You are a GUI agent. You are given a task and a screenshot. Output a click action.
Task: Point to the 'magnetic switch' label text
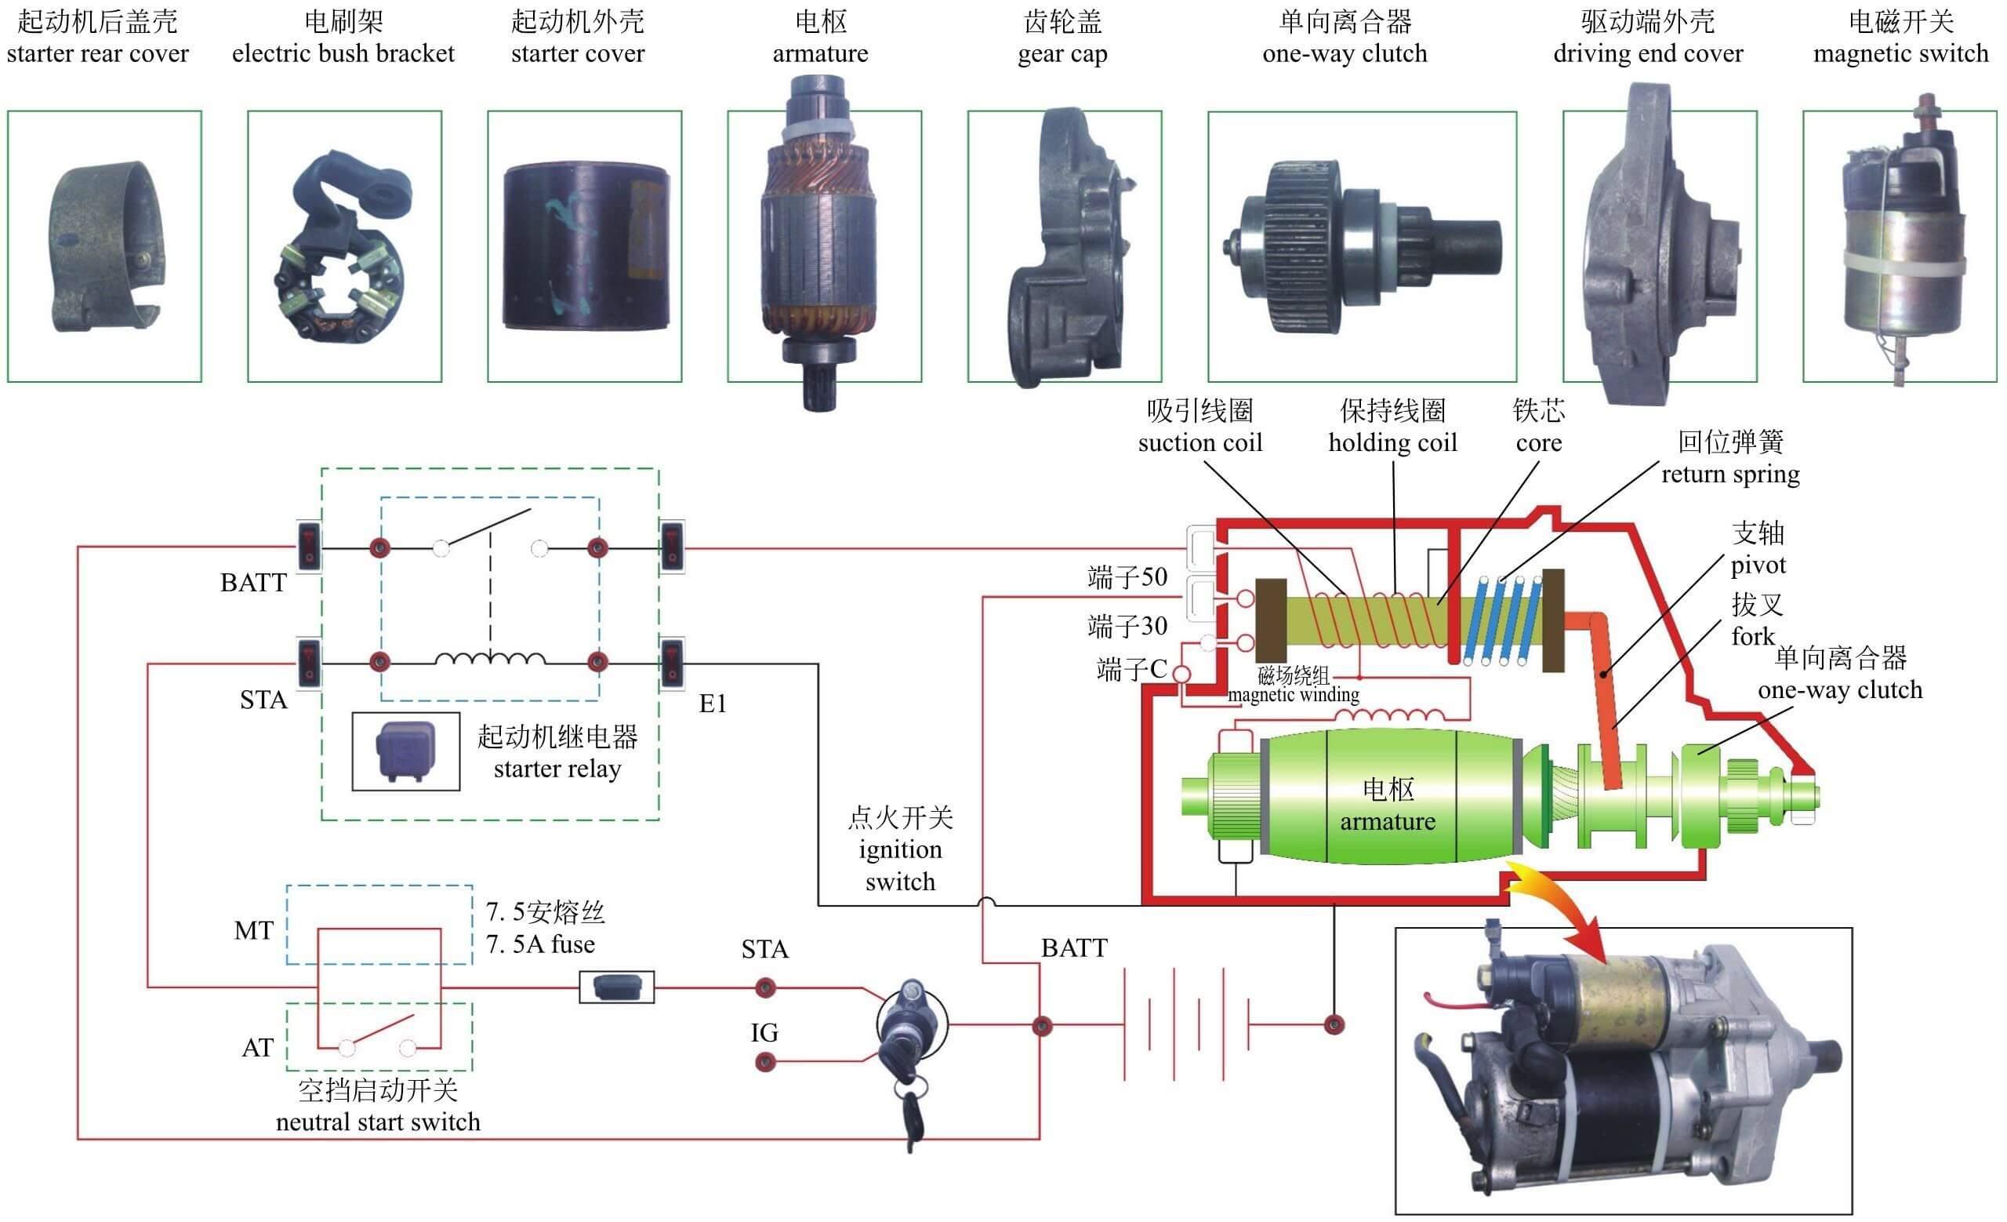1900,54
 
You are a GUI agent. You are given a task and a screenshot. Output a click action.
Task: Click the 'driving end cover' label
1648,54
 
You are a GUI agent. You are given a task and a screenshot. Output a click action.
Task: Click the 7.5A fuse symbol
615,987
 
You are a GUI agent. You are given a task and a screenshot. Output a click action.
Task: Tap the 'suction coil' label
1199,442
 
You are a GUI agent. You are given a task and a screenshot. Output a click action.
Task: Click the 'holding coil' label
1392,442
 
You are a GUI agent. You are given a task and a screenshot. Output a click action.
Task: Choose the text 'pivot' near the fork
1758,565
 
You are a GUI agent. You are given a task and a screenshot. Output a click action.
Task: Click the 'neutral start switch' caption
378,1122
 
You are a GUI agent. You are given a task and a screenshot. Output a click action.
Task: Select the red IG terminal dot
765,1061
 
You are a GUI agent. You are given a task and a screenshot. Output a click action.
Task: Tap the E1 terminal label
713,703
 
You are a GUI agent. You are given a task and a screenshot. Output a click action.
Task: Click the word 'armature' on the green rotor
1388,821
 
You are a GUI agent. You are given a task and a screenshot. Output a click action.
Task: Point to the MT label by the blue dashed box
253,930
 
